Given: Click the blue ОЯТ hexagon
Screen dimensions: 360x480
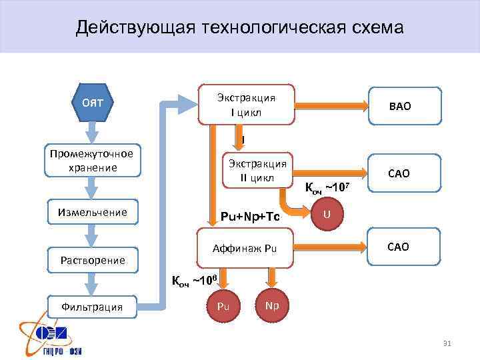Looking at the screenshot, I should [x=96, y=103].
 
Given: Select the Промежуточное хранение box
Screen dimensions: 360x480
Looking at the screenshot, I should [x=93, y=161].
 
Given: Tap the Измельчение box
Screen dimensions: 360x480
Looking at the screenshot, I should [x=93, y=213].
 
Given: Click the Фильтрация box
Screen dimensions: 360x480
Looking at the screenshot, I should [x=93, y=307].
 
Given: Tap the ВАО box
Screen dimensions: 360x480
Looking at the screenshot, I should [x=405, y=106].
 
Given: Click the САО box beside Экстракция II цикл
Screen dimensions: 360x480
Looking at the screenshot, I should [x=403, y=173].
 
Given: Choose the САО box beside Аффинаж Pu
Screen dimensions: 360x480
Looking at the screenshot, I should [x=403, y=247].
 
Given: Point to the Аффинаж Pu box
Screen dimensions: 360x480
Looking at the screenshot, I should [x=243, y=248].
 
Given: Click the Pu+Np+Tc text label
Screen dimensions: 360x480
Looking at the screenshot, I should [x=249, y=217].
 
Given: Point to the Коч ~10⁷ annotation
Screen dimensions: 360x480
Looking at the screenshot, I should [x=327, y=188].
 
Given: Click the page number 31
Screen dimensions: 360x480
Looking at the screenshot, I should [x=447, y=343].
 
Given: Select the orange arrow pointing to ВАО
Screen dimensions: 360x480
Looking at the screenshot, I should [x=331, y=105].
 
